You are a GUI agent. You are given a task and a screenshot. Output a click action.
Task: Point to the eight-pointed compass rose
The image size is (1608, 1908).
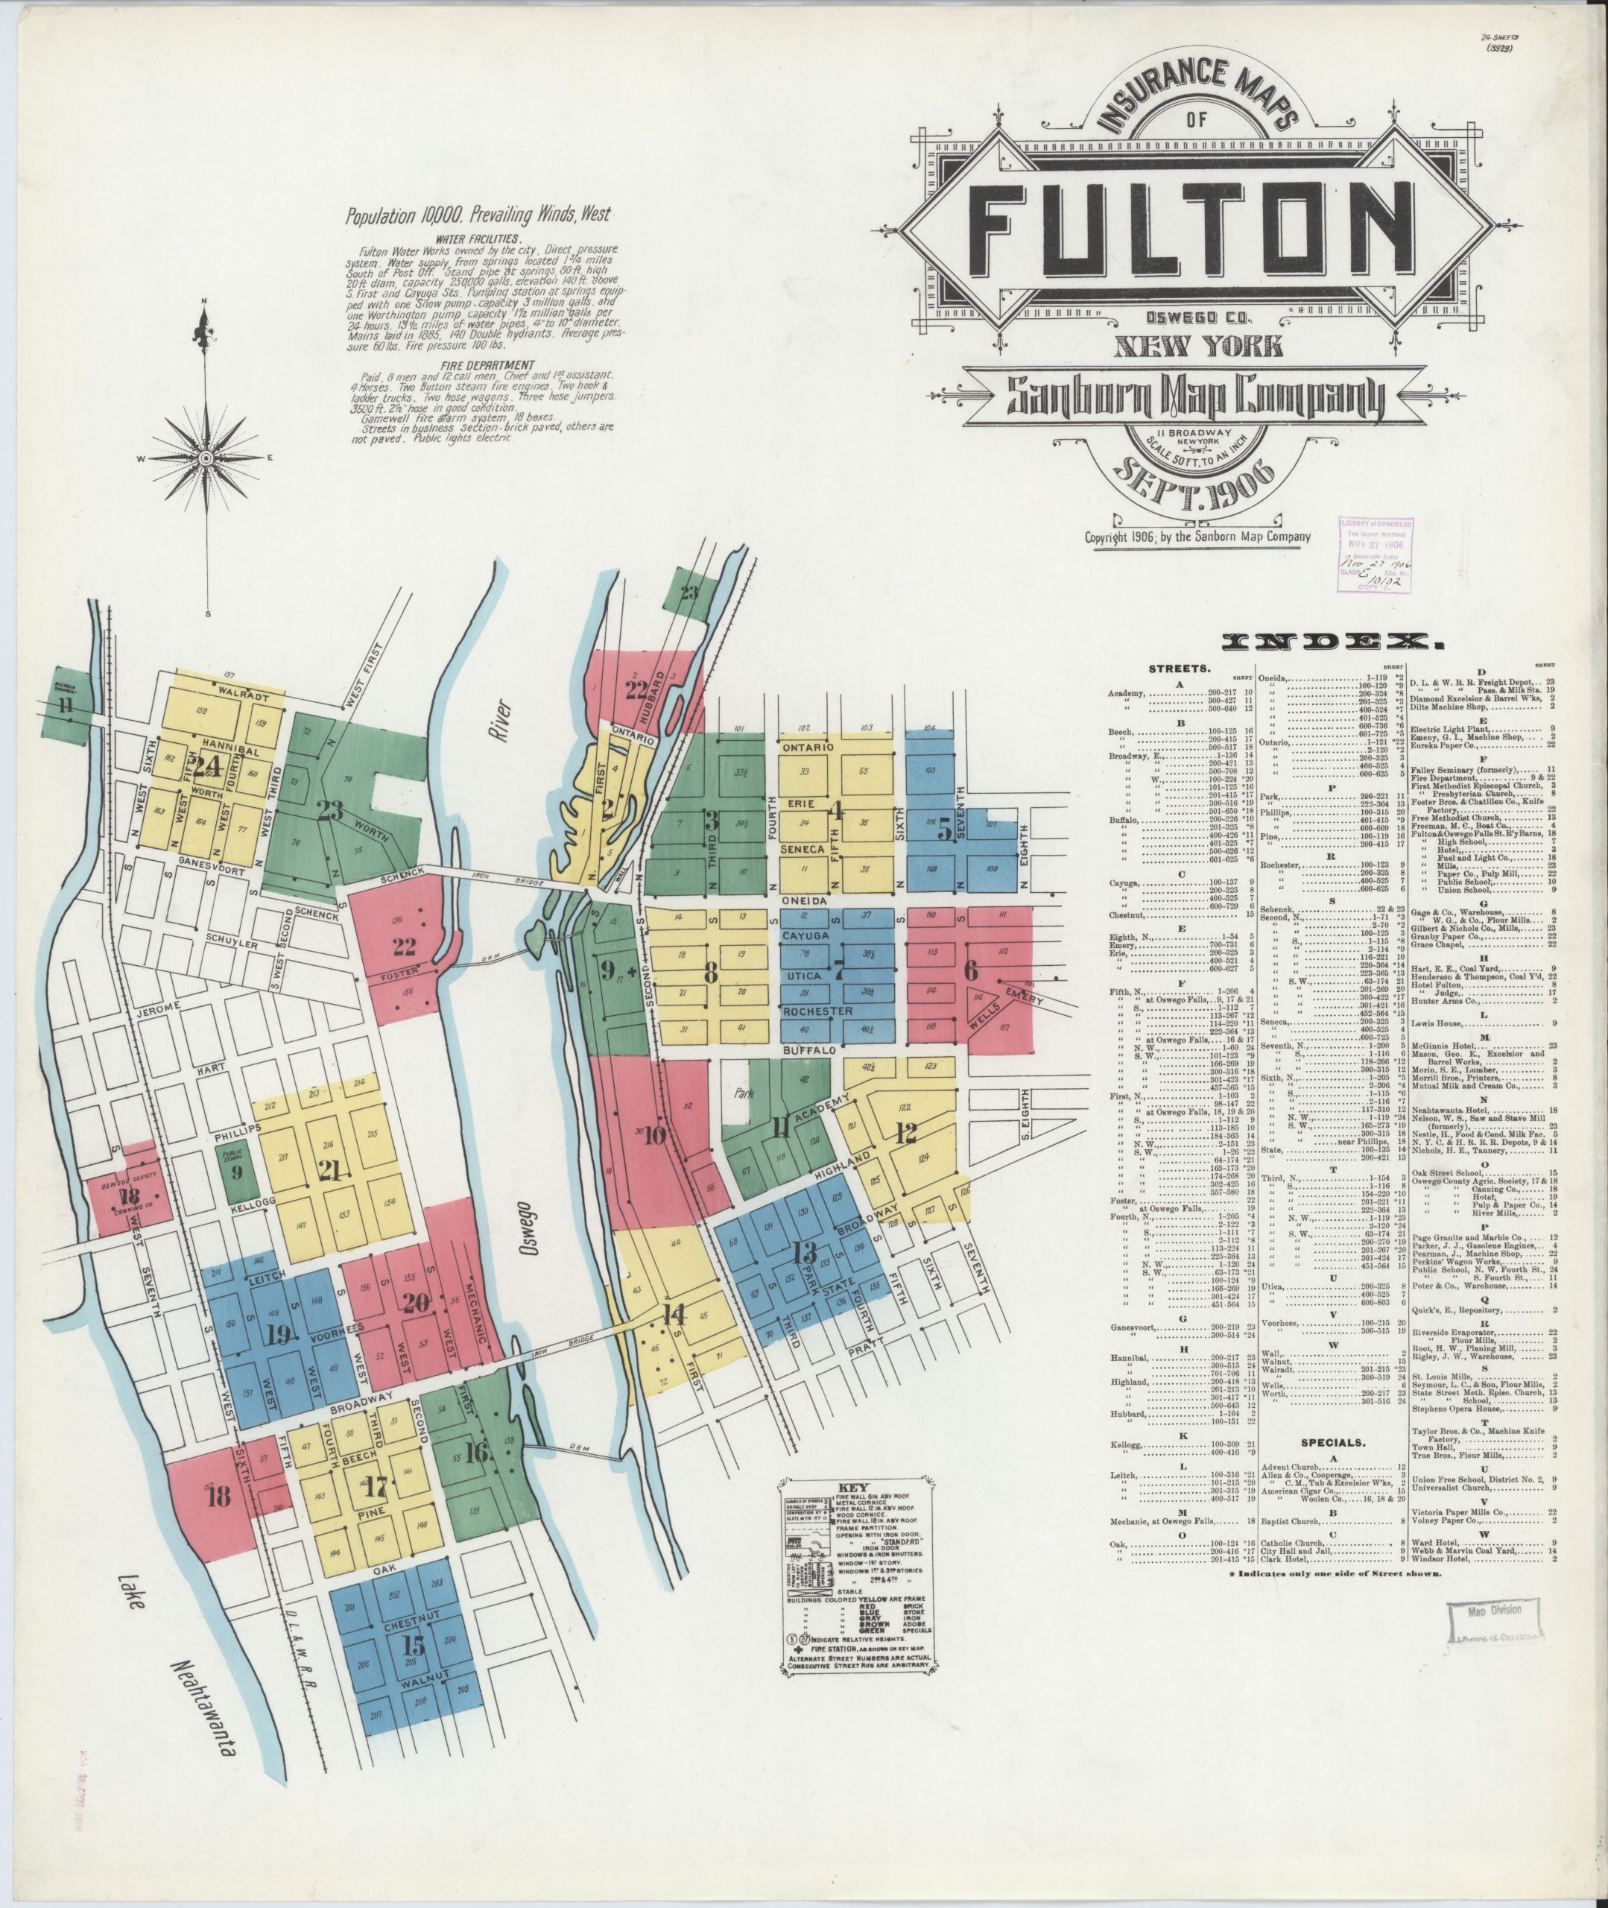pos(207,457)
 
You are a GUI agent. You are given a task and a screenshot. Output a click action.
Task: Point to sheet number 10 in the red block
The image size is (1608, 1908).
pos(656,1135)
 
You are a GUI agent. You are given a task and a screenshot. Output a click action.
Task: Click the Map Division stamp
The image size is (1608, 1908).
pos(1494,1611)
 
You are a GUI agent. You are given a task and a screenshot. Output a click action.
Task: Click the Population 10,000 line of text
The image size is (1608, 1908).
pos(478,217)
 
